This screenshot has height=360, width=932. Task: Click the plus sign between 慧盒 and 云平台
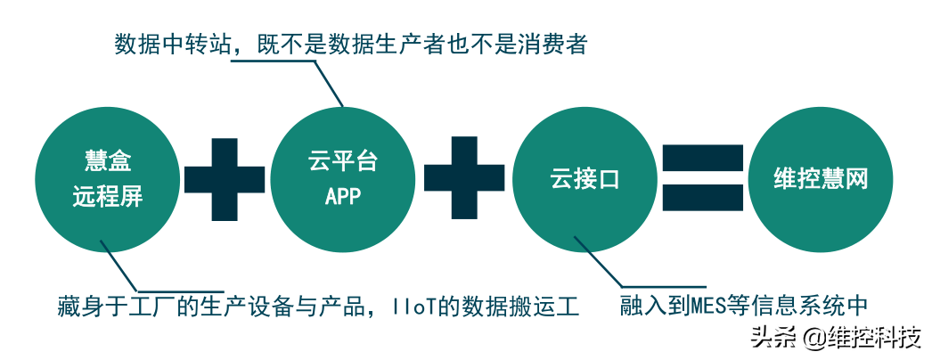click(x=225, y=179)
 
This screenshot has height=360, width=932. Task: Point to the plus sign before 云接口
click(x=464, y=179)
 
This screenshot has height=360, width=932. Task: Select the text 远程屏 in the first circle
click(x=107, y=197)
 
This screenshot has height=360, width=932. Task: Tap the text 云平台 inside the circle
click(x=343, y=162)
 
